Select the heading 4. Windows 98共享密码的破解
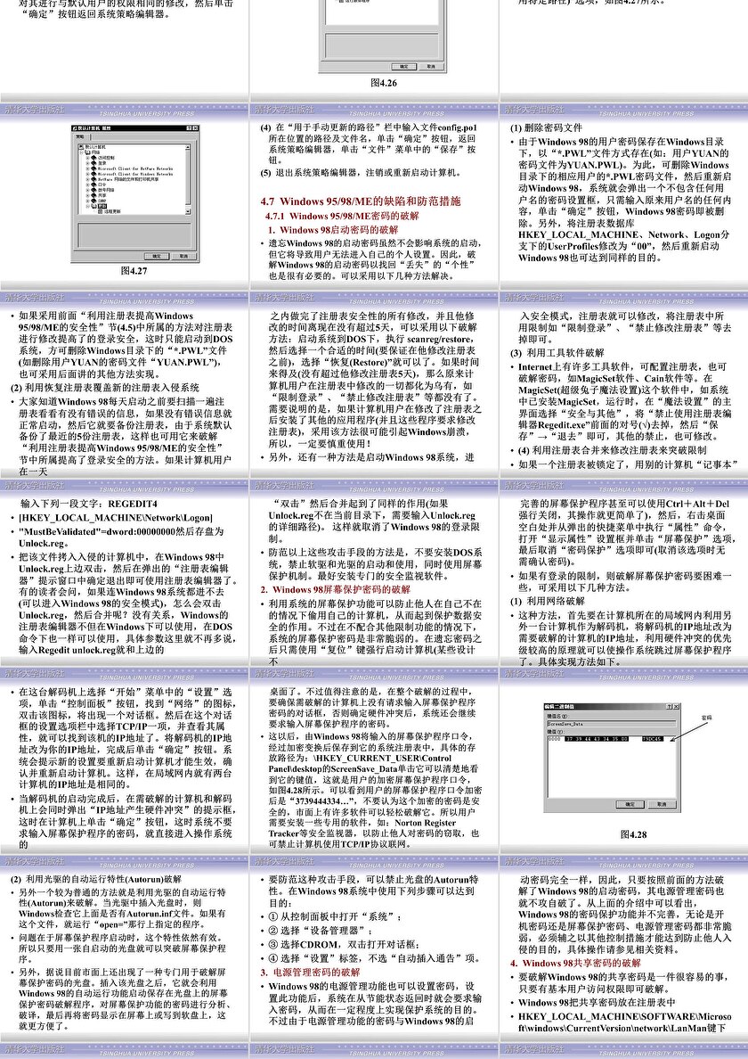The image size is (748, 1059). tap(575, 964)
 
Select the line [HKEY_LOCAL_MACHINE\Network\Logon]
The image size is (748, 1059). tap(117, 517)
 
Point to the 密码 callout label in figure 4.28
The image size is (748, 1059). tap(706, 717)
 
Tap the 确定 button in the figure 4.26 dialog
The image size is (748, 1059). tap(402, 66)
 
